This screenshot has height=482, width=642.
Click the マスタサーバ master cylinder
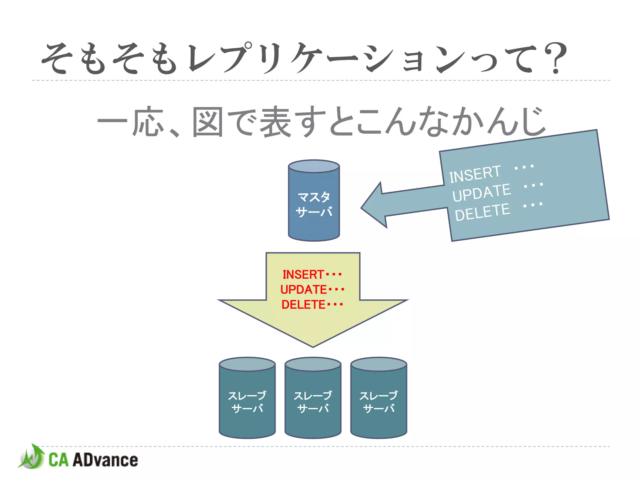pyautogui.click(x=314, y=204)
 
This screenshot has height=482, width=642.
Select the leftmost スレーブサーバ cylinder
pyautogui.click(x=247, y=402)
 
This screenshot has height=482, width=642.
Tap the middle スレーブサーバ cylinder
pyautogui.click(x=313, y=402)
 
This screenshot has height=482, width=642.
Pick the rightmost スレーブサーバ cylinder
pyautogui.click(x=379, y=402)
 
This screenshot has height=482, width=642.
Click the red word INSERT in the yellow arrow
pyautogui.click(x=303, y=275)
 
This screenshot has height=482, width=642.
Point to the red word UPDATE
pyautogui.click(x=303, y=290)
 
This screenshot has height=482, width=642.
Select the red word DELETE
pyautogui.click(x=303, y=305)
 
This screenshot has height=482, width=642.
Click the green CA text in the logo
pyautogui.click(x=58, y=460)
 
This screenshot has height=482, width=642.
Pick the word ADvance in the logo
pyautogui.click(x=105, y=460)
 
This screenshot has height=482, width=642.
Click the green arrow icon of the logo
pyautogui.click(x=31, y=457)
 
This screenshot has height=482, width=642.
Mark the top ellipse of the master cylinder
pyautogui.click(x=314, y=166)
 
